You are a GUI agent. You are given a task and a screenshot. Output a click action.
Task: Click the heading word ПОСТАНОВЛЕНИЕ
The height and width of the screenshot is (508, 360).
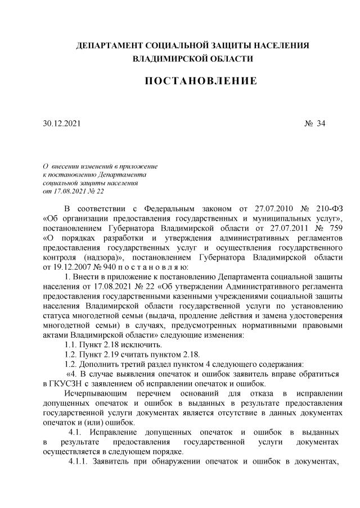click(201, 81)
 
